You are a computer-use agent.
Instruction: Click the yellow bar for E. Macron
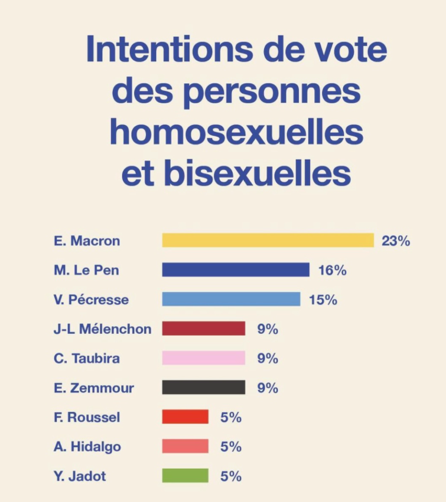pyautogui.click(x=268, y=241)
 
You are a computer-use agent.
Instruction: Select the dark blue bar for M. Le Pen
pyautogui.click(x=236, y=270)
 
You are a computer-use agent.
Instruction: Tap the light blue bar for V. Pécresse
pyautogui.click(x=231, y=300)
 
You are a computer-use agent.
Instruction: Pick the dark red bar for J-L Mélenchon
pyautogui.click(x=203, y=329)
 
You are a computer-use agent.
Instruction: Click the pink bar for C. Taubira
pyautogui.click(x=203, y=358)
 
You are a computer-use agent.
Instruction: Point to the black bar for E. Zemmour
pyautogui.click(x=203, y=388)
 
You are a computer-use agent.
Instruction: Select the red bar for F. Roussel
pyautogui.click(x=185, y=417)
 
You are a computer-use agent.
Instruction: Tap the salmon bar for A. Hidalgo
pyautogui.click(x=185, y=447)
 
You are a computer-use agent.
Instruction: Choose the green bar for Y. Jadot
pyautogui.click(x=185, y=476)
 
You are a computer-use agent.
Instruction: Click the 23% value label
pyautogui.click(x=396, y=241)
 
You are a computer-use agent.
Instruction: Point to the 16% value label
pyautogui.click(x=332, y=270)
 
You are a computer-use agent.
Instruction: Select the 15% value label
pyautogui.click(x=323, y=300)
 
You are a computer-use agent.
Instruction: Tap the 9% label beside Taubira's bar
pyautogui.click(x=268, y=358)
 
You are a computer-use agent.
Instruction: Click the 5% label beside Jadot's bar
pyautogui.click(x=231, y=476)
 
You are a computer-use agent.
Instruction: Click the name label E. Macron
pyautogui.click(x=87, y=241)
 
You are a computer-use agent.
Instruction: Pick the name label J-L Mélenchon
pyautogui.click(x=102, y=329)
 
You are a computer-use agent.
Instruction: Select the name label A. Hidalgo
pyautogui.click(x=87, y=447)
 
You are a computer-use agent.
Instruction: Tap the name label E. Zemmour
pyautogui.click(x=94, y=388)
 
